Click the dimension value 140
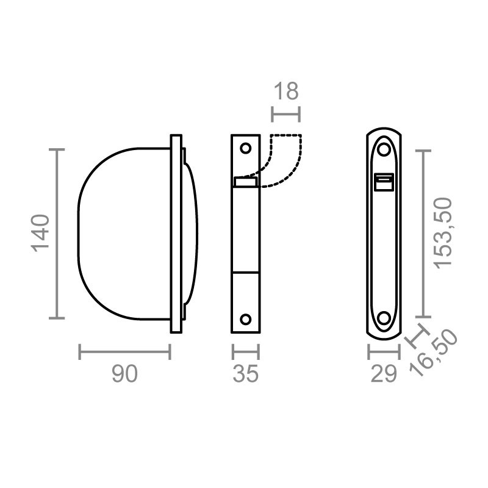click(x=40, y=233)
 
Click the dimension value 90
click(x=124, y=374)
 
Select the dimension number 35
click(x=245, y=374)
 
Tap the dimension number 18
click(x=285, y=91)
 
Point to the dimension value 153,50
click(x=444, y=232)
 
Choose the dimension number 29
click(x=384, y=374)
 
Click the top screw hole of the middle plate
click(x=246, y=148)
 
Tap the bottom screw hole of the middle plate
click(x=246, y=319)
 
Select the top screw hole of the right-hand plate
click(x=384, y=148)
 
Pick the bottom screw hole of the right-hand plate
click(x=384, y=318)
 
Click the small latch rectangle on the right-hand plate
click(x=384, y=182)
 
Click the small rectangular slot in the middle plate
click(x=245, y=181)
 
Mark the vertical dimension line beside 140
click(x=57, y=233)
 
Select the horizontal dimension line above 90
click(x=124, y=351)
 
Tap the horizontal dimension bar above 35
click(x=245, y=351)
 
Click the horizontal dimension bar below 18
click(x=285, y=113)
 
